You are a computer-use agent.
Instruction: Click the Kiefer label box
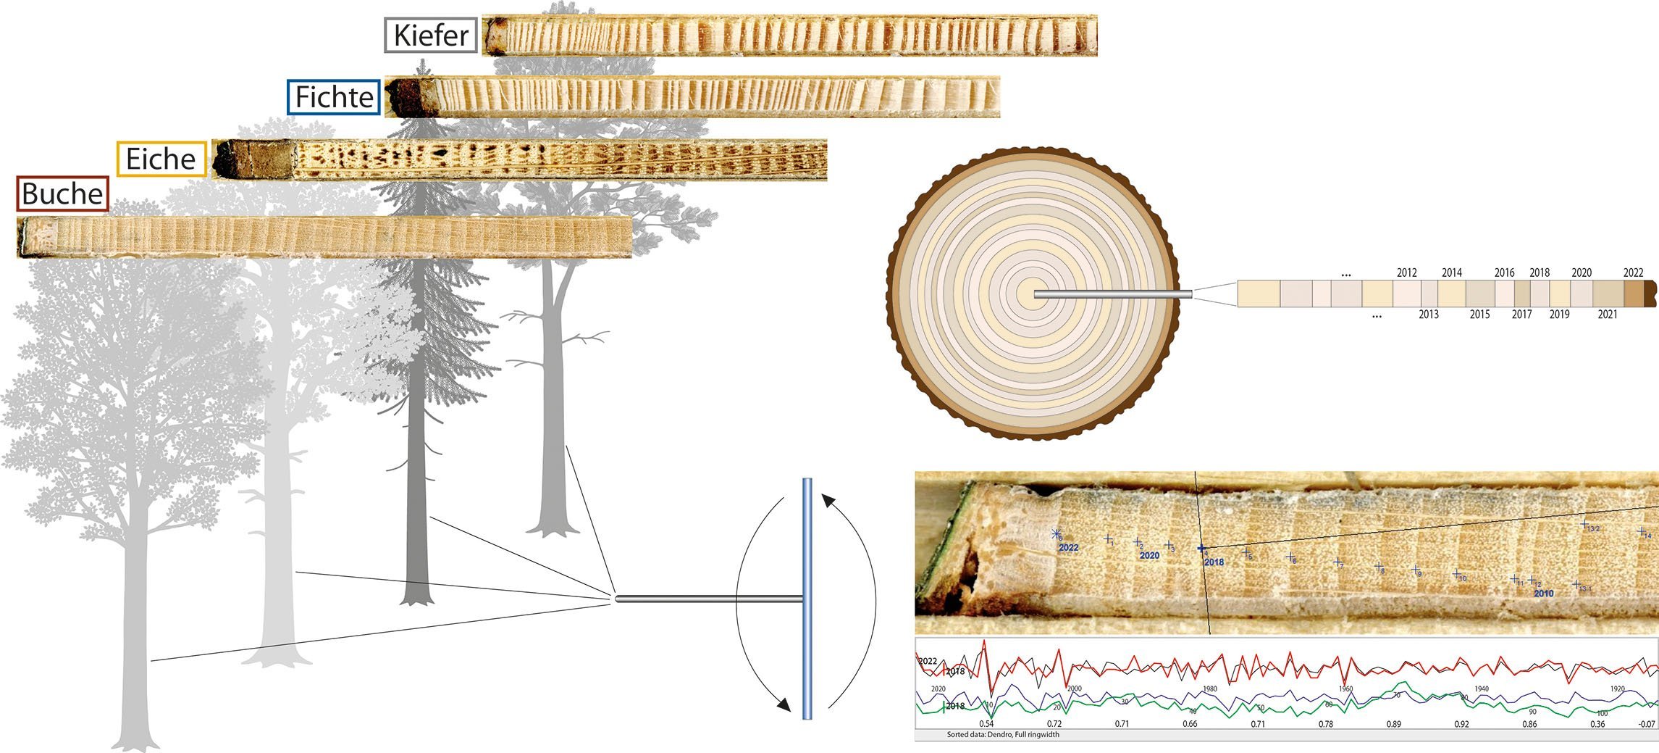431,36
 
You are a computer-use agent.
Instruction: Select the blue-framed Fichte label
334,97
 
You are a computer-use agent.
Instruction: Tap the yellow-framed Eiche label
161,159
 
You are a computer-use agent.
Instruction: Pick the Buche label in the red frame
62,194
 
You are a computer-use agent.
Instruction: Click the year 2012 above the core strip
1406,273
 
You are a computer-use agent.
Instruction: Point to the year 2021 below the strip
1607,315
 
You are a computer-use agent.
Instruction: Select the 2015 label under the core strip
1479,315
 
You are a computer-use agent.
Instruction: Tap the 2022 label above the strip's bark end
1633,273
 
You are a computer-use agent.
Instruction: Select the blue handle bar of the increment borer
807,598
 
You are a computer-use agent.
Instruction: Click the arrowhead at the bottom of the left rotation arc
781,704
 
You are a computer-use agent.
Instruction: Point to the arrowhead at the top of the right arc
828,499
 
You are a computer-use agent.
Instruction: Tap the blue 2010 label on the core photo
1543,594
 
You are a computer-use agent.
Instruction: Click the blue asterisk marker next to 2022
1056,535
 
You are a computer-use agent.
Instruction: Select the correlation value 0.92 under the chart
1461,724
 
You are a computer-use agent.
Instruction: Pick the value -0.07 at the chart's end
1647,724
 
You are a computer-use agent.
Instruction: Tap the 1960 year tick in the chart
1345,689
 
